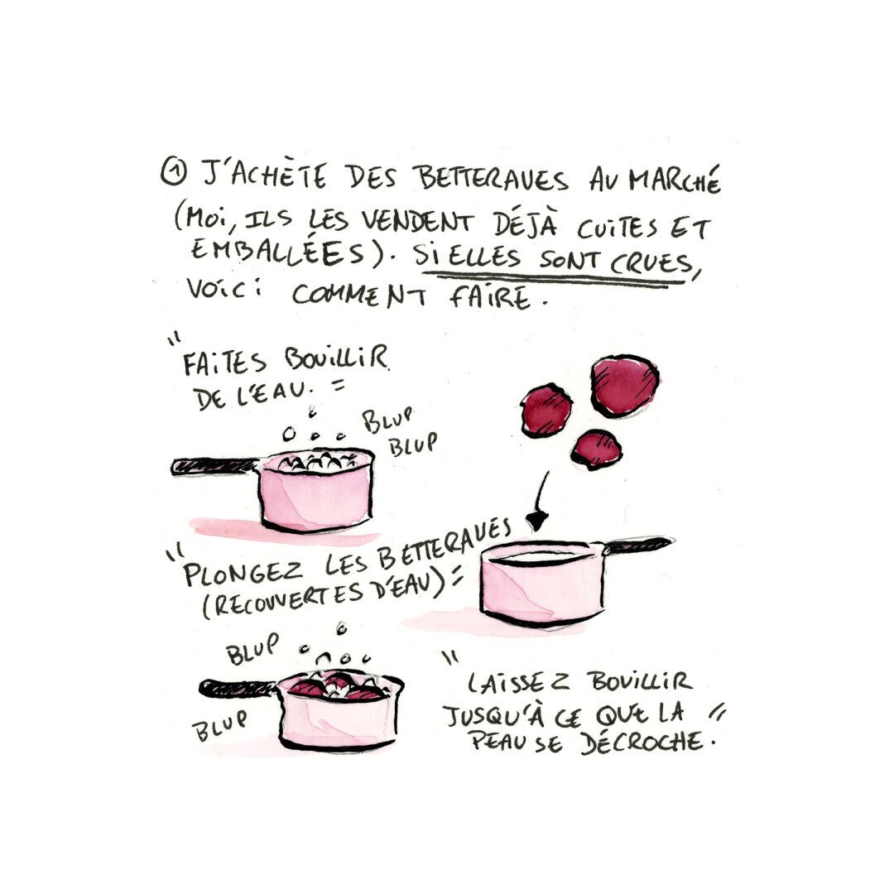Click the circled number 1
point(173,171)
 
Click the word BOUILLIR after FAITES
point(336,358)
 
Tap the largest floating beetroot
point(624,386)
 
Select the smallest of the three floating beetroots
point(596,449)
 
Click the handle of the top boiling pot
point(215,466)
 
